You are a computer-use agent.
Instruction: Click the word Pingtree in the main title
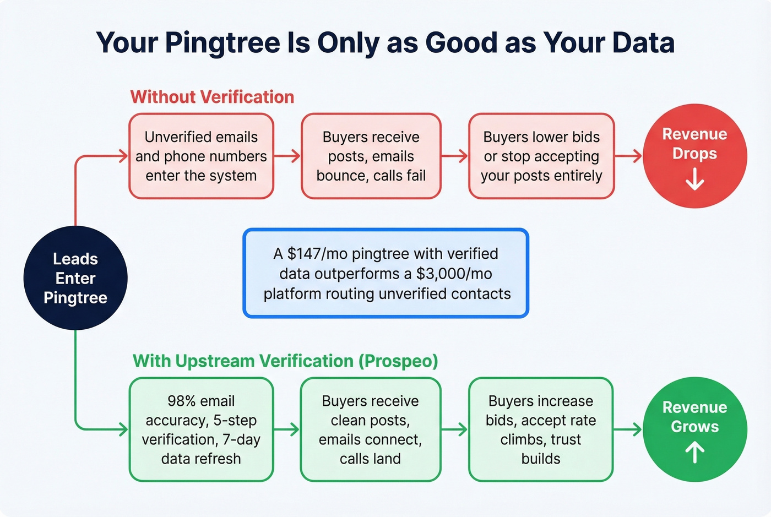222,43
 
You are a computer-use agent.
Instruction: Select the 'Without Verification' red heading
212,97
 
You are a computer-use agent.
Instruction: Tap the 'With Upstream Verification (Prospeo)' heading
285,361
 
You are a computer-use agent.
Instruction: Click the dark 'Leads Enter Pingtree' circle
75,278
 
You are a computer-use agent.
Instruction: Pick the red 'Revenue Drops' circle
694,156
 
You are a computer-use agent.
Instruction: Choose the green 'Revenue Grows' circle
694,429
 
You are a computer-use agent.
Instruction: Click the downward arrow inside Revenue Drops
695,179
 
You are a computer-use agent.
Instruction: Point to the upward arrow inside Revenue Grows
695,453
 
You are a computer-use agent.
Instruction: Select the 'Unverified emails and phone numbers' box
201,156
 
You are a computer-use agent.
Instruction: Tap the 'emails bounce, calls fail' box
371,156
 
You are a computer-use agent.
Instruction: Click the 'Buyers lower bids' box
541,156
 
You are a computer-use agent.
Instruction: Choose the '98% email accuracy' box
201,429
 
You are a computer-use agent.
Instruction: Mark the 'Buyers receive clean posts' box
370,429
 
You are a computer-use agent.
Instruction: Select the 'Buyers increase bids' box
540,429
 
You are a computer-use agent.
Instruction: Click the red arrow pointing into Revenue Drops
628,156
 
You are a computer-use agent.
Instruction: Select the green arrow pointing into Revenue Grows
628,429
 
